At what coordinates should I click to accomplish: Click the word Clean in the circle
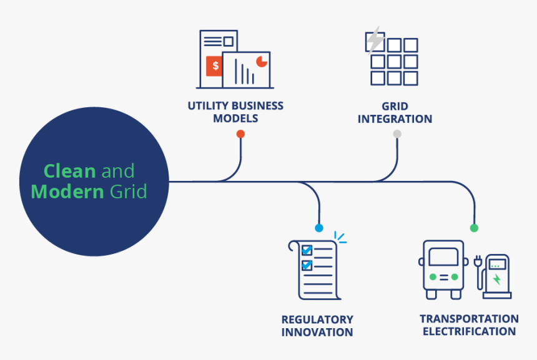point(69,171)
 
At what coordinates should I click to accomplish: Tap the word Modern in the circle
point(67,191)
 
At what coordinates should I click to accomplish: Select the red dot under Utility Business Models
point(240,134)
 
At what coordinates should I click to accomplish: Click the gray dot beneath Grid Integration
point(397,134)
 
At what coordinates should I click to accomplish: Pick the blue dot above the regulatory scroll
point(319,228)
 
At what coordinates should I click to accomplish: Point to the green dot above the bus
point(474,228)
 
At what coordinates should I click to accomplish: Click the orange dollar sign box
point(215,66)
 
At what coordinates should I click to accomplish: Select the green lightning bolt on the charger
point(497,279)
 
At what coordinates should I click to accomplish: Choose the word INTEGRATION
point(395,119)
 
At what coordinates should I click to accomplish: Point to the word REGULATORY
point(317,319)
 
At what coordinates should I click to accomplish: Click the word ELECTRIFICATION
point(469,332)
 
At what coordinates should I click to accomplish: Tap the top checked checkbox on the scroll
point(307,250)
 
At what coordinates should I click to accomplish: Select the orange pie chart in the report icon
point(262,60)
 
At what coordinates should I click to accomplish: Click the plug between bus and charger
point(478,261)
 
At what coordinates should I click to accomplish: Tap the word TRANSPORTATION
point(469,319)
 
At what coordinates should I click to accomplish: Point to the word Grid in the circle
point(129,191)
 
